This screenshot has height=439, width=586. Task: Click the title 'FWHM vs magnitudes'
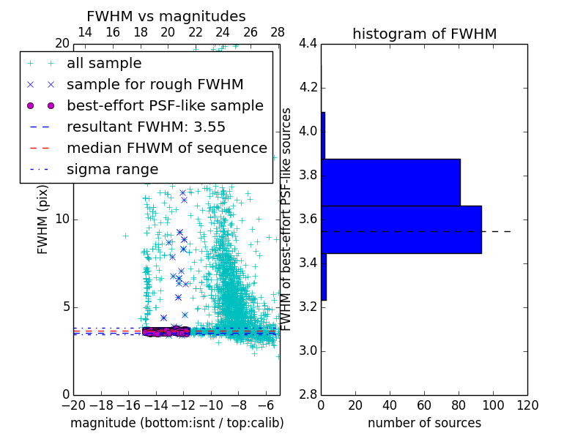pyautogui.click(x=166, y=16)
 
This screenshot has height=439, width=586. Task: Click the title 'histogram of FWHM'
pyautogui.click(x=424, y=34)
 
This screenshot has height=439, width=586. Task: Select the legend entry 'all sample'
pyautogui.click(x=104, y=64)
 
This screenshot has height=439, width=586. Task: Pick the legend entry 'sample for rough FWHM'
pyautogui.click(x=155, y=85)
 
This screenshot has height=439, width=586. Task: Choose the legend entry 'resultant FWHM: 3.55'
pyautogui.click(x=146, y=127)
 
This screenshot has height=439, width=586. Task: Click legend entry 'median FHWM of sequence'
pyautogui.click(x=167, y=148)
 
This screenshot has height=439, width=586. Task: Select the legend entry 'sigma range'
pyautogui.click(x=112, y=169)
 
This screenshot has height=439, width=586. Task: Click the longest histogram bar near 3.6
pyautogui.click(x=401, y=229)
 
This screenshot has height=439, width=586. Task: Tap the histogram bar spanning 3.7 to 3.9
pyautogui.click(x=390, y=182)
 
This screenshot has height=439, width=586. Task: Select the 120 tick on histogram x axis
pyautogui.click(x=527, y=404)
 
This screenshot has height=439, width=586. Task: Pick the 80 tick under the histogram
pyautogui.click(x=459, y=404)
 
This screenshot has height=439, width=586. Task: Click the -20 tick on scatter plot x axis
pyautogui.click(x=73, y=404)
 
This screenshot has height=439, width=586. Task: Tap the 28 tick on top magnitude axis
pyautogui.click(x=278, y=32)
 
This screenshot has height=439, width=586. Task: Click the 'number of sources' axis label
pyautogui.click(x=424, y=423)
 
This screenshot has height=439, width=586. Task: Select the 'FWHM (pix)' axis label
pyautogui.click(x=43, y=219)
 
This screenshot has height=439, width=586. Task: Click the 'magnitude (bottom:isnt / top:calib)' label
pyautogui.click(x=177, y=423)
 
